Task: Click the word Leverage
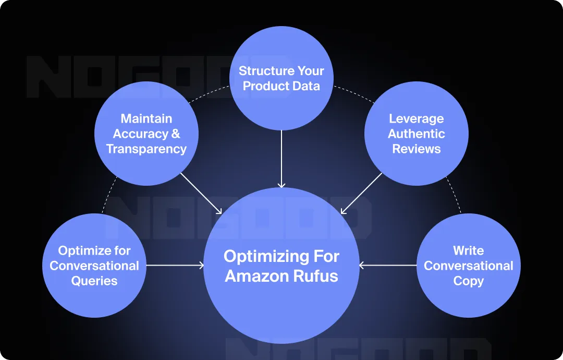416,119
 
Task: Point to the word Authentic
416,134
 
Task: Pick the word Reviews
416,149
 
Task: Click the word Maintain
146,119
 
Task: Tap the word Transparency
146,149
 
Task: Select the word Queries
94,281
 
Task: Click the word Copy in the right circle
468,281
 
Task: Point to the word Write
468,251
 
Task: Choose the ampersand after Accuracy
175,134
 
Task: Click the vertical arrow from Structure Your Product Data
281,159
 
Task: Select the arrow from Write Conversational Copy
388,266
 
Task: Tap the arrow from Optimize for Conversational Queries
175,266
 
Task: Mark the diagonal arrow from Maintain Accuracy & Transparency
201,194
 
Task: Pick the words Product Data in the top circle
281,87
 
